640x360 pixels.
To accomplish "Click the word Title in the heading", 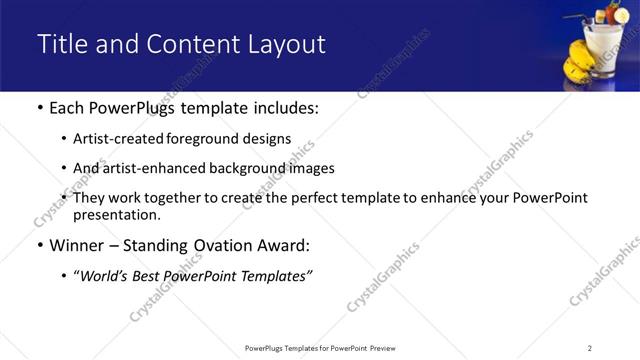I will (62, 45).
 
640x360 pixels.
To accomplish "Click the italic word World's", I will (104, 276).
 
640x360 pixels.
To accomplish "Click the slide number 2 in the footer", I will (590, 347).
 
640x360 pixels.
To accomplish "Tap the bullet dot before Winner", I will (39, 246).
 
